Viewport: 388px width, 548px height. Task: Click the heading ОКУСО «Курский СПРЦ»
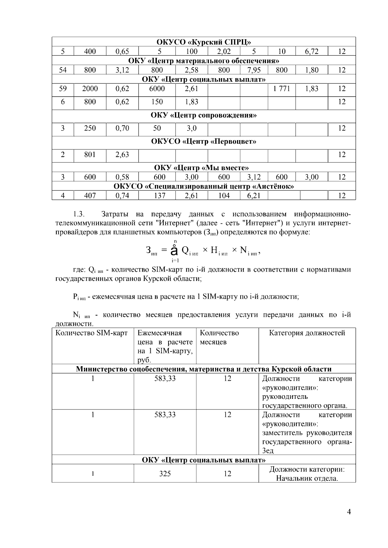pos(204,42)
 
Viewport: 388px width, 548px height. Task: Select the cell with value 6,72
pos(312,51)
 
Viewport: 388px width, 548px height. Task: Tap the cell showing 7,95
pos(254,70)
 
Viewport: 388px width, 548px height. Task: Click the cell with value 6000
pos(157,89)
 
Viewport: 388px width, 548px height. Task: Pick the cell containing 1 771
pos(282,89)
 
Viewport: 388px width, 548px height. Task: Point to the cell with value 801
pos(90,155)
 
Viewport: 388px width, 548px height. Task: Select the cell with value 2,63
pos(122,155)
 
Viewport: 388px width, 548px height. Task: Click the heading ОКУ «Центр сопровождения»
pos(204,115)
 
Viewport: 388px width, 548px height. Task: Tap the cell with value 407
pos(90,195)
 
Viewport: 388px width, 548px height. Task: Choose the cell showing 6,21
pos(254,195)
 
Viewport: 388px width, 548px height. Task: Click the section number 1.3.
pos(79,214)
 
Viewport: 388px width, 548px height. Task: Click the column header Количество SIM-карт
pos(92,333)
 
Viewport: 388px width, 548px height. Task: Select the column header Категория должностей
pos(307,333)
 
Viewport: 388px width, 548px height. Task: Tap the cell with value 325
pos(165,474)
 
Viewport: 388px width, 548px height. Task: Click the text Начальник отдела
pos(307,478)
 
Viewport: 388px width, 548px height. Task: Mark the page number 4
pos(349,512)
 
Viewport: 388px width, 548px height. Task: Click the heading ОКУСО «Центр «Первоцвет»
pos(204,141)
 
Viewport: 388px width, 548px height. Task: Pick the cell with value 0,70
pos(122,128)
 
